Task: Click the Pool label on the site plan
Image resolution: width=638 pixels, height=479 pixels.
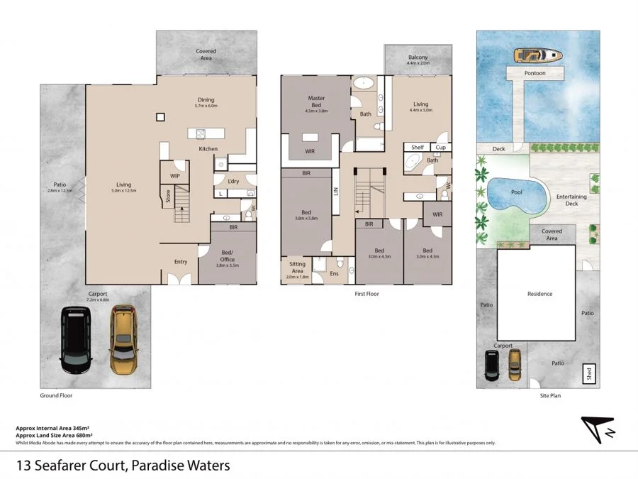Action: pos(517,192)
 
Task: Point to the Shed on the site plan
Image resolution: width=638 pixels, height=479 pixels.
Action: pos(588,372)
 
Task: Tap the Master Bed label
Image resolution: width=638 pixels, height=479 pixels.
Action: pos(316,101)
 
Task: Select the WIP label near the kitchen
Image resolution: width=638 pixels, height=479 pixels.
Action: pos(174,175)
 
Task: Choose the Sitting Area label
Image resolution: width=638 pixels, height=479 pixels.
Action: pos(298,267)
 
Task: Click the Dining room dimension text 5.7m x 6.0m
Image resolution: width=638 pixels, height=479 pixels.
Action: pos(206,106)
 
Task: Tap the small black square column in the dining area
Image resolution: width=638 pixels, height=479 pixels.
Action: pos(161,117)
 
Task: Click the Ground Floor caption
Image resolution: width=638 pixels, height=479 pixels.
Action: pos(56,395)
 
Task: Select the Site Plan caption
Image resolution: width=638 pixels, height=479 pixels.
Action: pos(550,395)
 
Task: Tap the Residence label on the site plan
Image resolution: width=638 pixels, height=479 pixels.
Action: pos(539,293)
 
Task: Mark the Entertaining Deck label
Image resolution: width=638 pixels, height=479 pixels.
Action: pos(571,199)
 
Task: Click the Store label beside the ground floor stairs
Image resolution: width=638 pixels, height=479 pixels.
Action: pos(168,197)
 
